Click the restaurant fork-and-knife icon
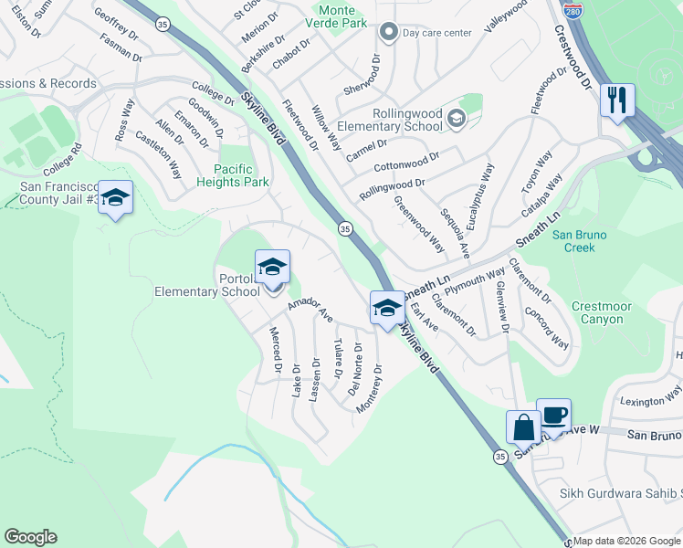pos(617,100)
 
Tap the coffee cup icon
pos(553,415)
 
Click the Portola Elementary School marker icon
pos(272,267)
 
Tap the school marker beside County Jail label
pos(116,197)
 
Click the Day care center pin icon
pos(389,33)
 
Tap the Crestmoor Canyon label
pos(597,313)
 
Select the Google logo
pos(30,537)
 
